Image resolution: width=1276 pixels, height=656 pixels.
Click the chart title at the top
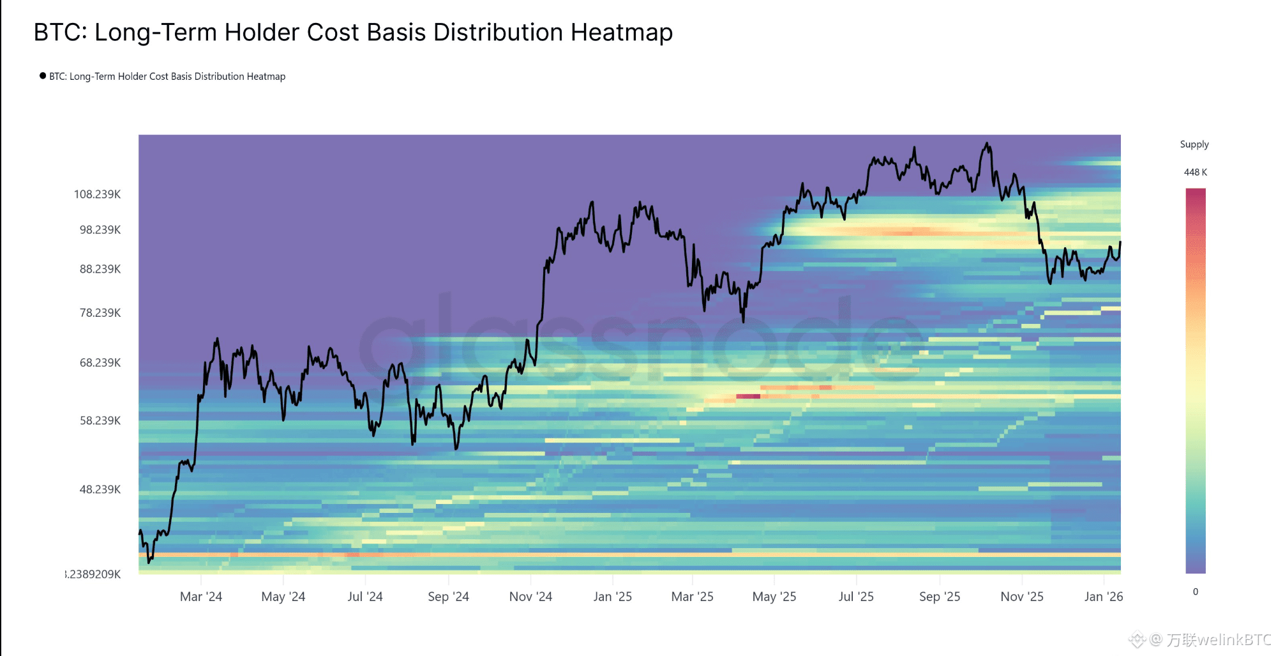tap(353, 33)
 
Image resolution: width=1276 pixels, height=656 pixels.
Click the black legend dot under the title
tap(43, 76)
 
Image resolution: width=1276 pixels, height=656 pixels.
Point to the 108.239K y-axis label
tap(97, 194)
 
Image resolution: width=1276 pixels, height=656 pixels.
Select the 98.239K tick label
tap(100, 230)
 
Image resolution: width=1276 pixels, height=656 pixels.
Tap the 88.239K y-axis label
tap(100, 270)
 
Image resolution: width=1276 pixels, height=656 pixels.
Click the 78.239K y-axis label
tap(100, 313)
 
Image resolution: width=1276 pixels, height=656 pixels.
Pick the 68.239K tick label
tap(100, 363)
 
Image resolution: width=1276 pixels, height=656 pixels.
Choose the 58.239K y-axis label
tap(100, 421)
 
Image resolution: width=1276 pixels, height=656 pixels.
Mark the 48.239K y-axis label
tap(100, 490)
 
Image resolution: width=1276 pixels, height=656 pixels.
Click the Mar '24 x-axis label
tap(201, 597)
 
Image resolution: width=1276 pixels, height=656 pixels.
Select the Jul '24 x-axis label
tap(365, 597)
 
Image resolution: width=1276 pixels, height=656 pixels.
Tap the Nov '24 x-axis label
tap(530, 597)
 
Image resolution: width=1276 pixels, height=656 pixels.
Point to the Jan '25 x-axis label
tap(613, 597)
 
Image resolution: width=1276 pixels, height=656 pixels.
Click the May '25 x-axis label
tap(774, 597)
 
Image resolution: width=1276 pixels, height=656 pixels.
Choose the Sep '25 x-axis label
tap(940, 597)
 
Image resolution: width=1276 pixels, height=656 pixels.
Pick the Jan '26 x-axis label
tap(1104, 597)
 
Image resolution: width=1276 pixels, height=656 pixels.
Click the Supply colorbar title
tap(1194, 144)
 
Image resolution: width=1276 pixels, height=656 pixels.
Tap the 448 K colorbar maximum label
tap(1196, 172)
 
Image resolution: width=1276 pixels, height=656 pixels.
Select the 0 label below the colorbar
tap(1196, 592)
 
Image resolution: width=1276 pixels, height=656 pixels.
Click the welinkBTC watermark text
tap(1219, 639)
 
